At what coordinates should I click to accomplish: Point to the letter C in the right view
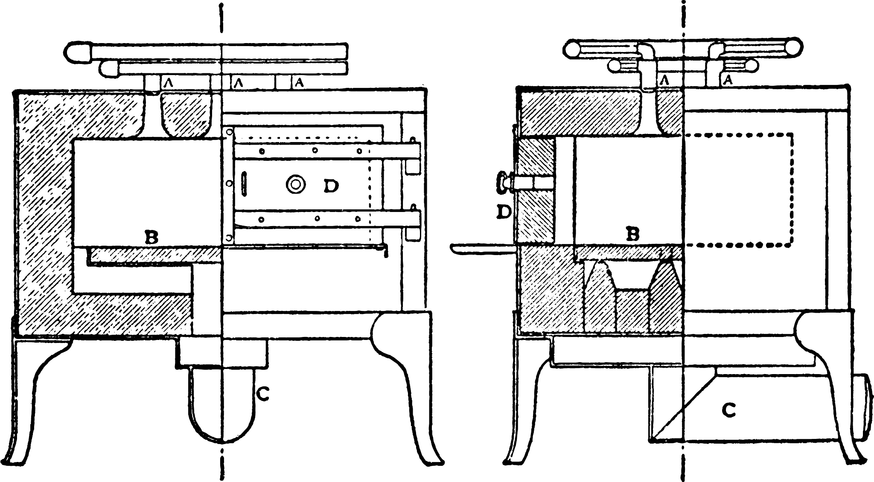pyautogui.click(x=729, y=411)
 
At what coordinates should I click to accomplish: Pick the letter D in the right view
pyautogui.click(x=504, y=212)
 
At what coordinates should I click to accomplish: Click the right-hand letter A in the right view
pyautogui.click(x=727, y=79)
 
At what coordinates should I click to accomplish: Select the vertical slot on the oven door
pyautogui.click(x=244, y=184)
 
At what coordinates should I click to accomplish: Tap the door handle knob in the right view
pyautogui.click(x=501, y=184)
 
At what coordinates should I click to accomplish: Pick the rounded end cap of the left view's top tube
pyautogui.click(x=79, y=52)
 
